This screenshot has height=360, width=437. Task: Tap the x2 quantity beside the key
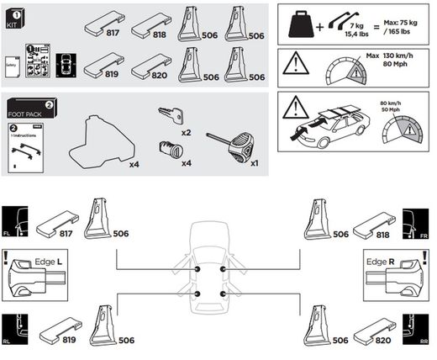[187, 133]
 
